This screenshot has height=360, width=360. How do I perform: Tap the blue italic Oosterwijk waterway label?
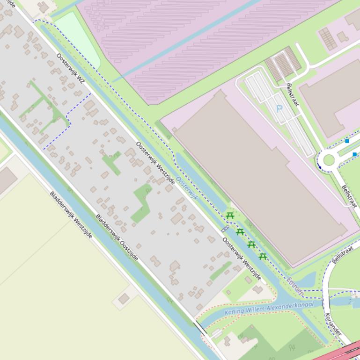(x=187, y=188)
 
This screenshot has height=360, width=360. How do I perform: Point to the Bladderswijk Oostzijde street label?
(x=117, y=238)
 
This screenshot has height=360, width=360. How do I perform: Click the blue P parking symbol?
(x=279, y=109)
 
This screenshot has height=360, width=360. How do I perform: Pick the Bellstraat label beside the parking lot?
(x=293, y=94)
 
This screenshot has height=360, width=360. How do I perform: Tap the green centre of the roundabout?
(x=329, y=160)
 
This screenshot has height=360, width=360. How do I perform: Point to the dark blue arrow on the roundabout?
(x=320, y=166)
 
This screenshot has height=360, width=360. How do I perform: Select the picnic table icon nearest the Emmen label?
(x=263, y=256)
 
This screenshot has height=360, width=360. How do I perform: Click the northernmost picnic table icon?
(x=229, y=216)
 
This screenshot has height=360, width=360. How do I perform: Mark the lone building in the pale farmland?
(x=124, y=298)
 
